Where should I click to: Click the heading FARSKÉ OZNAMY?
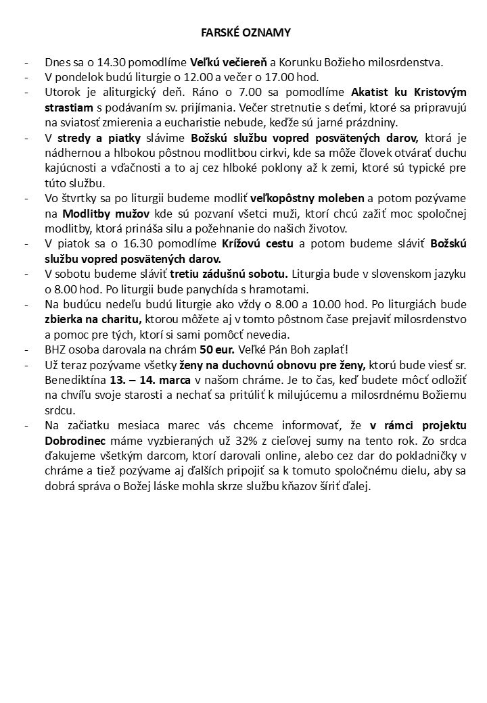coord(246,32)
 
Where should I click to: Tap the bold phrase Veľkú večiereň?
coord(229,62)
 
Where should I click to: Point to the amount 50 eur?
coord(218,349)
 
